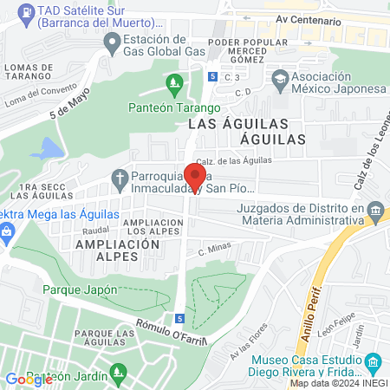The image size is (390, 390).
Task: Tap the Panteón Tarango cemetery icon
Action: coord(174,84)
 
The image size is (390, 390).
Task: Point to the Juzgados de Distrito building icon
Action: coord(375,210)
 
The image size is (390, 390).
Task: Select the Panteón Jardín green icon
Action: coord(119,374)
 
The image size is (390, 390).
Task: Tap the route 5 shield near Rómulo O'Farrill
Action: coord(179,319)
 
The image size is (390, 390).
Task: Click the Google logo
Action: coord(29,379)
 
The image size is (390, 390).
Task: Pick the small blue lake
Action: coord(49,148)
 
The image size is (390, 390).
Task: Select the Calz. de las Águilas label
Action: coord(234,160)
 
